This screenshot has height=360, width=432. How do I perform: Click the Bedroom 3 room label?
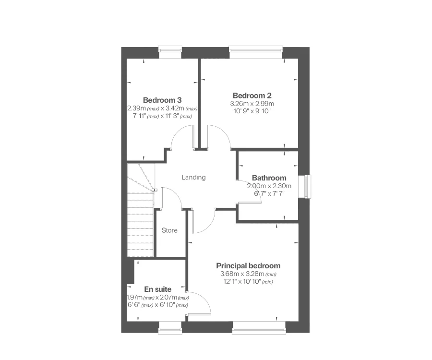pyautogui.click(x=162, y=100)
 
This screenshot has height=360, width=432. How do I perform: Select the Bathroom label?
pyautogui.click(x=269, y=178)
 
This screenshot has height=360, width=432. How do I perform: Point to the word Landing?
pyautogui.click(x=193, y=177)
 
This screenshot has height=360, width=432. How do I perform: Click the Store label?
pyautogui.click(x=169, y=230)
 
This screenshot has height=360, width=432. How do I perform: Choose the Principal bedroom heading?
pyautogui.click(x=248, y=265)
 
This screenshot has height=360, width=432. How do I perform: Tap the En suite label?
pyautogui.click(x=158, y=289)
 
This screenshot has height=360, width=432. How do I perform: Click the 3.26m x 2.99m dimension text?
pyautogui.click(x=252, y=103)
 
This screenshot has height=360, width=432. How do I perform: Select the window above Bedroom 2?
pyautogui.click(x=255, y=49)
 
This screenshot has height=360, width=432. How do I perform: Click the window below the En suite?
pyautogui.click(x=170, y=330)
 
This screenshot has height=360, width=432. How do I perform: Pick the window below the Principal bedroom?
pyautogui.click(x=258, y=330)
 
